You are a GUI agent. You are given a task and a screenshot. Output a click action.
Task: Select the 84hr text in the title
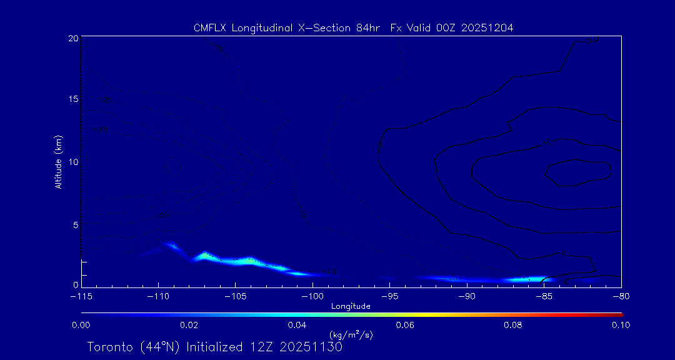366,27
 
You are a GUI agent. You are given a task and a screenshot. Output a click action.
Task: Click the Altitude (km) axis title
58,161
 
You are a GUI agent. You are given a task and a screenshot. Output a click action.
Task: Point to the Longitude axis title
351,306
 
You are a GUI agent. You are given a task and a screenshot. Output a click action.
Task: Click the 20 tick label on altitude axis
73,38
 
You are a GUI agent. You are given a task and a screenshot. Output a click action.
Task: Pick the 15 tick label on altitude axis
73,100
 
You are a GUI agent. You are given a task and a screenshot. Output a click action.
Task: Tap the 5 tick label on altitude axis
75,224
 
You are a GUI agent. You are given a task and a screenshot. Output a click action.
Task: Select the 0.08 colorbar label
513,325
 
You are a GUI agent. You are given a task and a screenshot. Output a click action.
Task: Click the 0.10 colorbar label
621,325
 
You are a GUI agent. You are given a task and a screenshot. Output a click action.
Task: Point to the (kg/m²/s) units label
351,334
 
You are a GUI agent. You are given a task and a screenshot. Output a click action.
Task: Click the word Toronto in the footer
110,347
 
